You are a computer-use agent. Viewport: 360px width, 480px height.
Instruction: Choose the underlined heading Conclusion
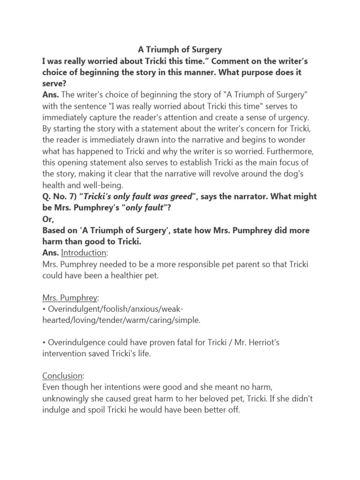(63, 377)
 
